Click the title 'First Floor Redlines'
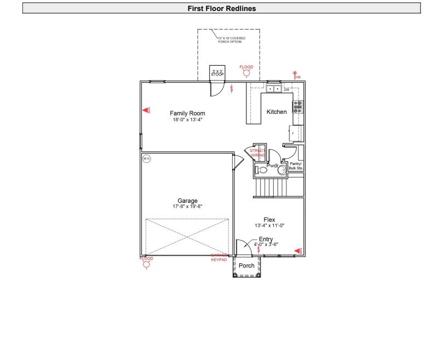(x=221, y=8)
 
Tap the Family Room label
(x=187, y=113)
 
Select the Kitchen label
(x=277, y=112)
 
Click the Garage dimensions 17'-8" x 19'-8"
(x=187, y=207)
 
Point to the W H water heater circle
(x=146, y=158)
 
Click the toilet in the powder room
(x=261, y=170)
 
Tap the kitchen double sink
(x=274, y=89)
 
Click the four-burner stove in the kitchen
(x=297, y=106)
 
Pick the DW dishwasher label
(x=286, y=89)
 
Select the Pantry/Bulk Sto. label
(x=296, y=165)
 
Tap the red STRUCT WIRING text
(x=257, y=153)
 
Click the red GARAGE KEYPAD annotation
(x=219, y=258)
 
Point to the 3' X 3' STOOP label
(x=217, y=72)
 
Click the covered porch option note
(x=232, y=39)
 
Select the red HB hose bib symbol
(x=296, y=76)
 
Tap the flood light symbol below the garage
(x=146, y=264)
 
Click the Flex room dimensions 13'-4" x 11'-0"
(x=269, y=226)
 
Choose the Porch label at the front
(x=247, y=266)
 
